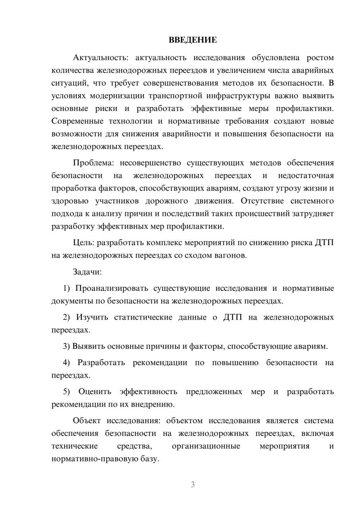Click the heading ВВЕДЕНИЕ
[193, 40]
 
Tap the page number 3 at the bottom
[193, 485]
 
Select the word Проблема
[93, 163]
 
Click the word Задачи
[87, 272]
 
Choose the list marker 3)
[66, 346]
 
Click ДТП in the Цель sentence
[324, 243]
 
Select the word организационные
[206, 446]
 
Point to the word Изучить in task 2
[92, 317]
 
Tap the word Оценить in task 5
[94, 392]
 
